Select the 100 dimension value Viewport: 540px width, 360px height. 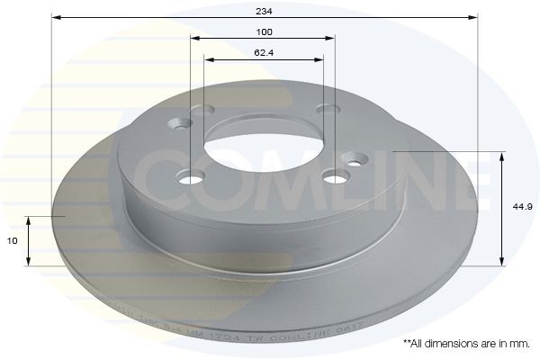tap(263, 31)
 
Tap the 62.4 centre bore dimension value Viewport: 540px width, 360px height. tap(263, 53)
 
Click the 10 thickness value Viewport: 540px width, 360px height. tap(12, 241)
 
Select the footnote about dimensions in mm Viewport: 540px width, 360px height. tap(466, 344)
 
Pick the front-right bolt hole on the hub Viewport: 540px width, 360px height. tap(337, 175)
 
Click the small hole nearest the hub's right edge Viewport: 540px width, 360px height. tap(354, 162)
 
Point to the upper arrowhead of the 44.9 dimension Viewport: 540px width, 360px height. tap(501, 156)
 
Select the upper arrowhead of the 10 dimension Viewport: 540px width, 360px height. tap(30, 220)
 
